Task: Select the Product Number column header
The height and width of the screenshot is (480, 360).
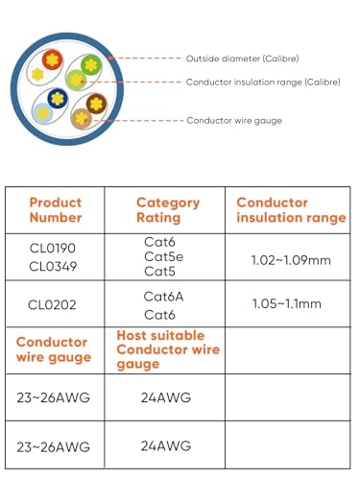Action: [55, 210]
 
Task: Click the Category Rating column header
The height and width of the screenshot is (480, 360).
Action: [168, 210]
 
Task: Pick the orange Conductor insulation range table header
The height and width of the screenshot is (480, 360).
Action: [291, 210]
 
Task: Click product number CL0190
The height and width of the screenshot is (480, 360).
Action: [53, 248]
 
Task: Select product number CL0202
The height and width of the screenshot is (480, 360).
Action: [53, 304]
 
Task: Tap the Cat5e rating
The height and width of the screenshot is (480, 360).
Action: [164, 257]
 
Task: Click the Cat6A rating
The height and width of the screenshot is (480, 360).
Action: [164, 296]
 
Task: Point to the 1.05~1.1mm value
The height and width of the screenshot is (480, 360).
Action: [289, 304]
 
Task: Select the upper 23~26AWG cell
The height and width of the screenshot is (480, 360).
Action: [54, 397]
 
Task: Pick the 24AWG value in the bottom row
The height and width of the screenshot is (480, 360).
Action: [166, 445]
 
